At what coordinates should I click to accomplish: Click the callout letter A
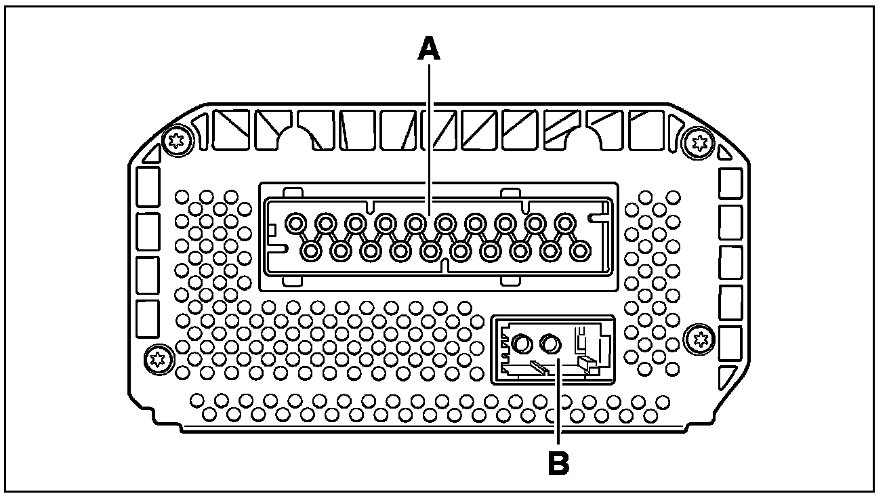(x=429, y=49)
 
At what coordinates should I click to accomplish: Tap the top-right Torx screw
(x=698, y=142)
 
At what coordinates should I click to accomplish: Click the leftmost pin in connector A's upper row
(x=295, y=222)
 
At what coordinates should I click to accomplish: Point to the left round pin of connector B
(x=522, y=345)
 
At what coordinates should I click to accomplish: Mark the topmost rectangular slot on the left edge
(x=148, y=186)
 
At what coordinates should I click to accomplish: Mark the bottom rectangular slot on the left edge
(x=148, y=318)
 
